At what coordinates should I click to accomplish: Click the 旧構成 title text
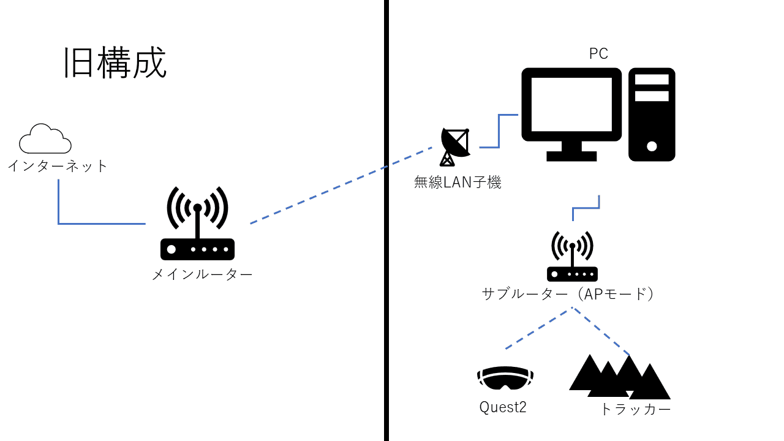[115, 63]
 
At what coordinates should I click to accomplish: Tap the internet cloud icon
[45, 139]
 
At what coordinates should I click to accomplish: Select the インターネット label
[58, 165]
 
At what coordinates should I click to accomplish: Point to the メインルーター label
[202, 274]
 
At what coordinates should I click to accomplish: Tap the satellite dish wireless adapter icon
[455, 146]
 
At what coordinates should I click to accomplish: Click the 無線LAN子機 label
[458, 182]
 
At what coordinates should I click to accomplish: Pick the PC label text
[598, 54]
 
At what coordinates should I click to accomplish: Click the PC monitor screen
[571, 104]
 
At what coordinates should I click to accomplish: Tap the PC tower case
[652, 114]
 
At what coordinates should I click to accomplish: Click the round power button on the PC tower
[652, 146]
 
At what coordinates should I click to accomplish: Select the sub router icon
[572, 257]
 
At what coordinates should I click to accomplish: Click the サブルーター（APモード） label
[568, 294]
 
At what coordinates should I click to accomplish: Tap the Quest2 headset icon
[505, 378]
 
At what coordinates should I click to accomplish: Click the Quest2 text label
[503, 407]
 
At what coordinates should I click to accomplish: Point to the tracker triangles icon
[619, 375]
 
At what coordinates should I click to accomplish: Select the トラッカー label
[635, 409]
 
